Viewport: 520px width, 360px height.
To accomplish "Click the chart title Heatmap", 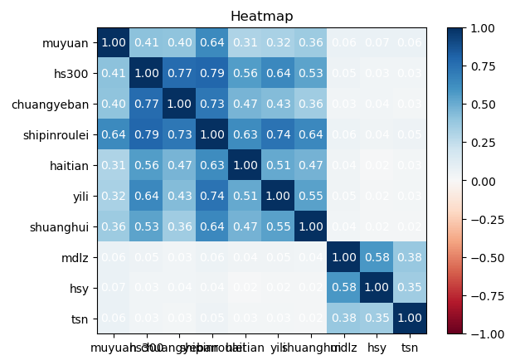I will [261, 17].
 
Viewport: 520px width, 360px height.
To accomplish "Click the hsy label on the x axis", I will [378, 348].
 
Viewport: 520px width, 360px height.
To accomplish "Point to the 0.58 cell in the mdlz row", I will [377, 256].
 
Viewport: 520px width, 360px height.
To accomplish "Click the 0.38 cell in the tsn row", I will [347, 318].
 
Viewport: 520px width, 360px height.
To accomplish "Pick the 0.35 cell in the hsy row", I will [408, 287].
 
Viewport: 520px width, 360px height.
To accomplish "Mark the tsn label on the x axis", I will [408, 348].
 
